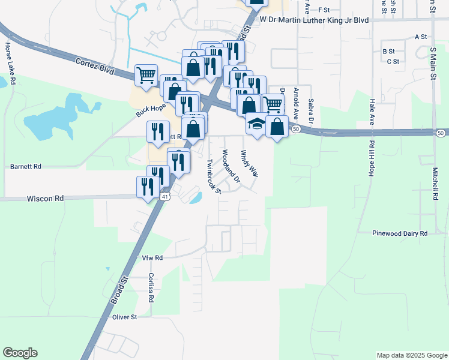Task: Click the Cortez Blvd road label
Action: click(x=95, y=65)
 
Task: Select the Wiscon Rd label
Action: click(x=46, y=198)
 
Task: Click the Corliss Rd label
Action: click(x=151, y=289)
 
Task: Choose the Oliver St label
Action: click(x=125, y=316)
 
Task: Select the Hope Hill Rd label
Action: click(x=372, y=159)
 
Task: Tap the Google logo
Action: click(x=20, y=353)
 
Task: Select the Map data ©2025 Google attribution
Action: click(x=411, y=355)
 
